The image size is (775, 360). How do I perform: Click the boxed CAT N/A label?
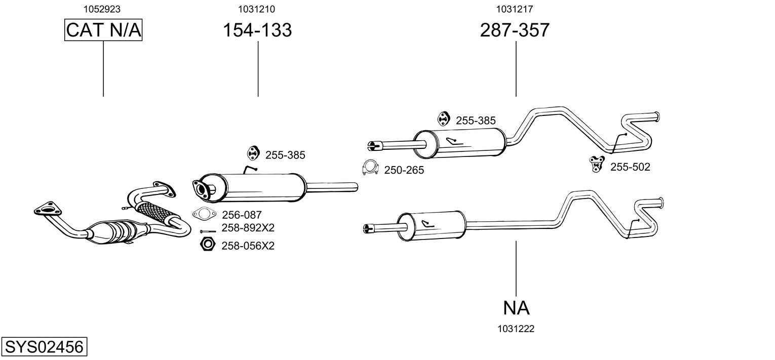coord(103,30)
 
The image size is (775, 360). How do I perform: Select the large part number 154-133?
coord(257,30)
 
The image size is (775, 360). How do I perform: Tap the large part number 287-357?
coord(514,30)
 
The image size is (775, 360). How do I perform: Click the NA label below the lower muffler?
coord(516,307)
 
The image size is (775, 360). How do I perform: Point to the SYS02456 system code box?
coord(44,347)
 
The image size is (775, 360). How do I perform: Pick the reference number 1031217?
coord(514,9)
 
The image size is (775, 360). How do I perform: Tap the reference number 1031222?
coord(516,329)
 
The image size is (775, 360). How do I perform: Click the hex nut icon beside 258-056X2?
coord(206,246)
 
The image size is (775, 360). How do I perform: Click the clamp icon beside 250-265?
coord(370,169)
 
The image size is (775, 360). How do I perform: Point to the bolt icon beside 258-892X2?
coord(208,231)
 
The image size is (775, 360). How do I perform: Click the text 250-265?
coord(404,171)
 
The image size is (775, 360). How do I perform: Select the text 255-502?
coord(630,167)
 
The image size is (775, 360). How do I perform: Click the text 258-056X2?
coord(248,246)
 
